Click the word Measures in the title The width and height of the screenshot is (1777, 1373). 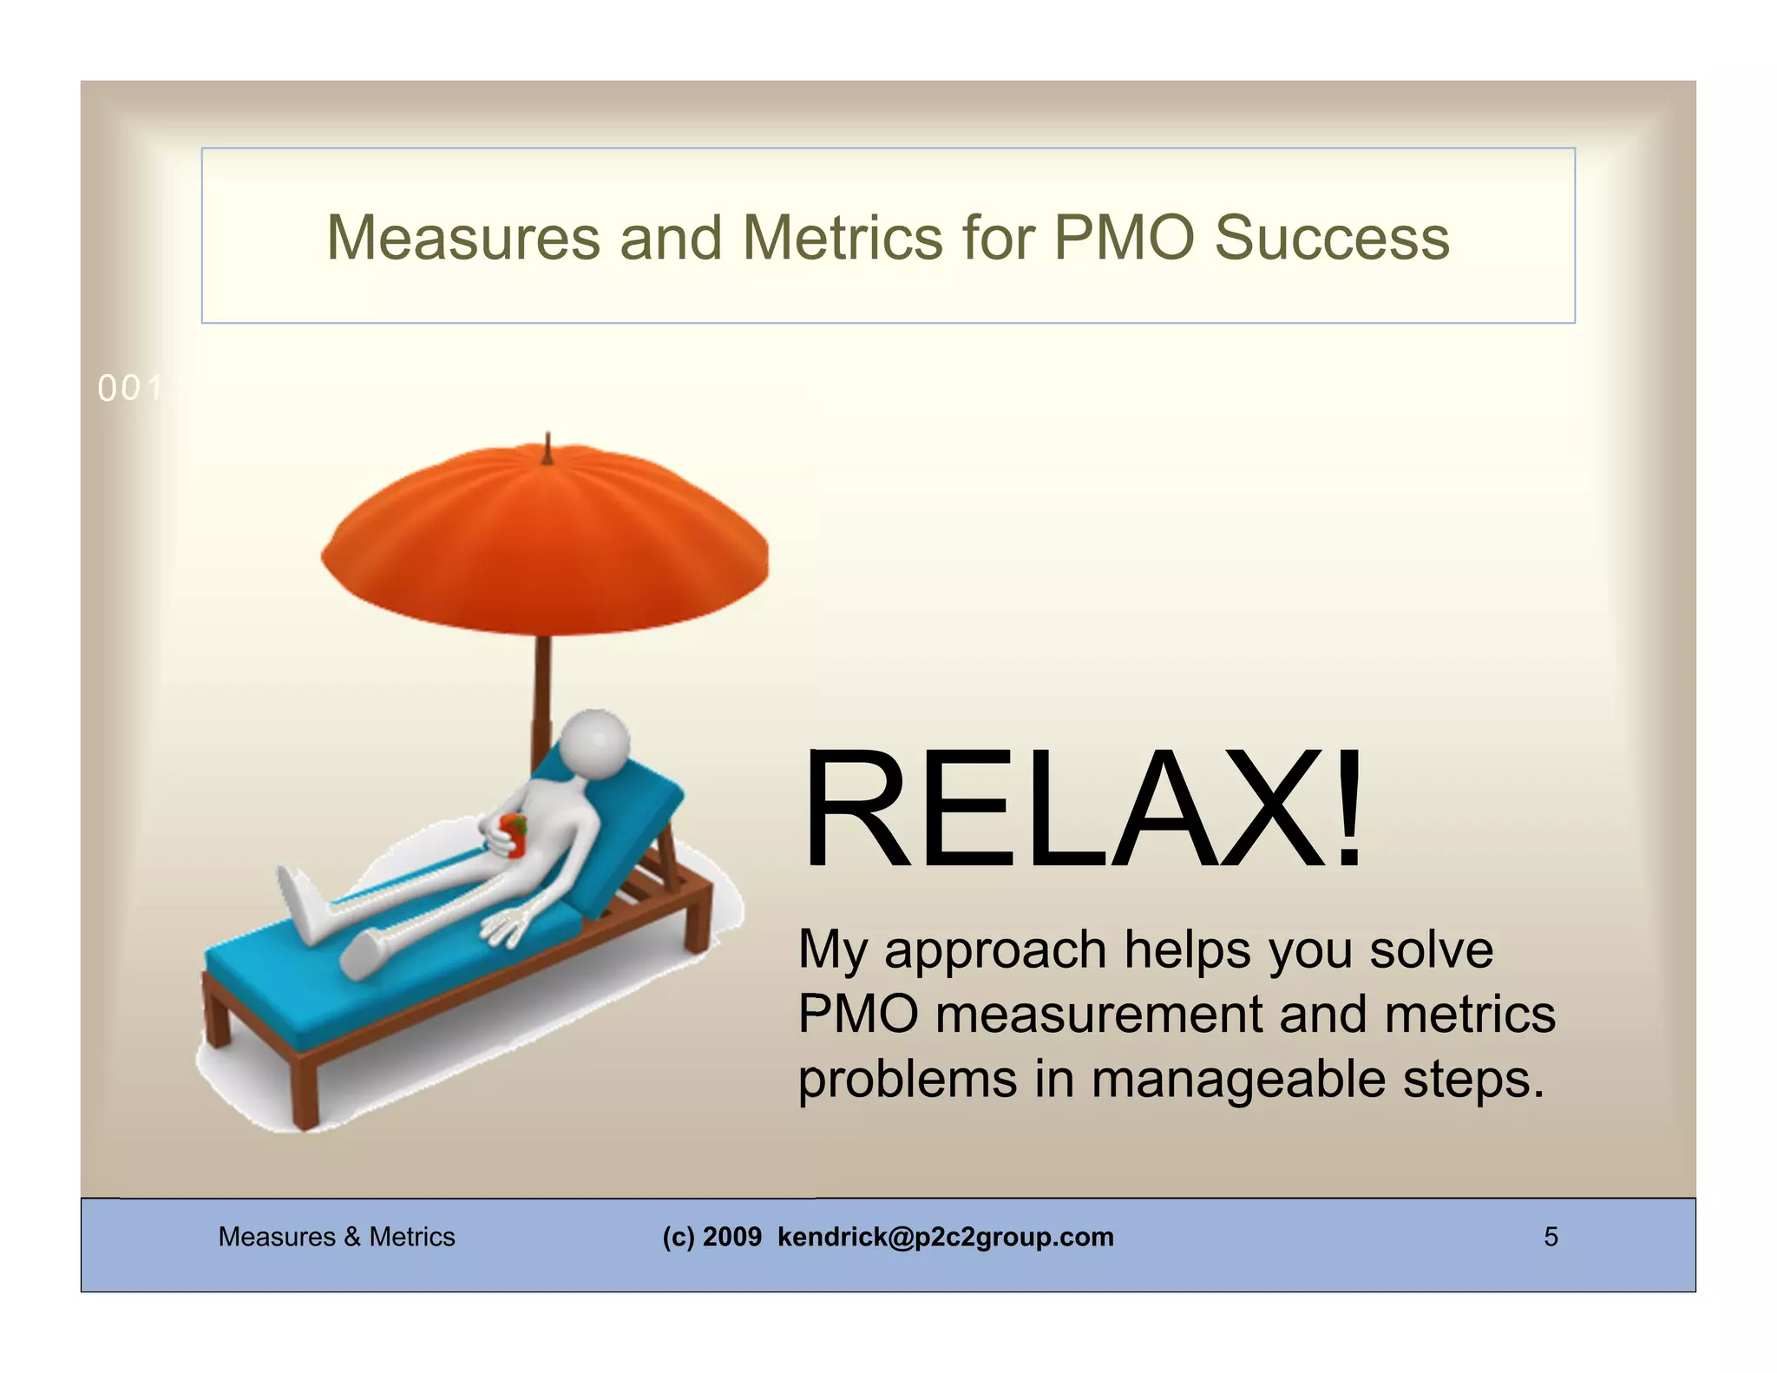point(463,238)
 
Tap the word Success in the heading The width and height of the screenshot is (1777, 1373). point(1332,238)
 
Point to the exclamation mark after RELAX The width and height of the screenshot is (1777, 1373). point(1348,811)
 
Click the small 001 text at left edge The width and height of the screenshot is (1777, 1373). point(131,389)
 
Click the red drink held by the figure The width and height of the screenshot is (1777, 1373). point(515,835)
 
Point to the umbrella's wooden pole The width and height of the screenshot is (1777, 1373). point(542,694)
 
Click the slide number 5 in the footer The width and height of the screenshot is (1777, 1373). point(1551,1236)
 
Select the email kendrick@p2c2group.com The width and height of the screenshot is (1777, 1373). point(945,1236)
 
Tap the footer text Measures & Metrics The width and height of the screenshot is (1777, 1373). point(337,1236)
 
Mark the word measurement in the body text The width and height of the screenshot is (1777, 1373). point(1098,1015)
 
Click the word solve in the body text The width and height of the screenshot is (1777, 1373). point(1431,949)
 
